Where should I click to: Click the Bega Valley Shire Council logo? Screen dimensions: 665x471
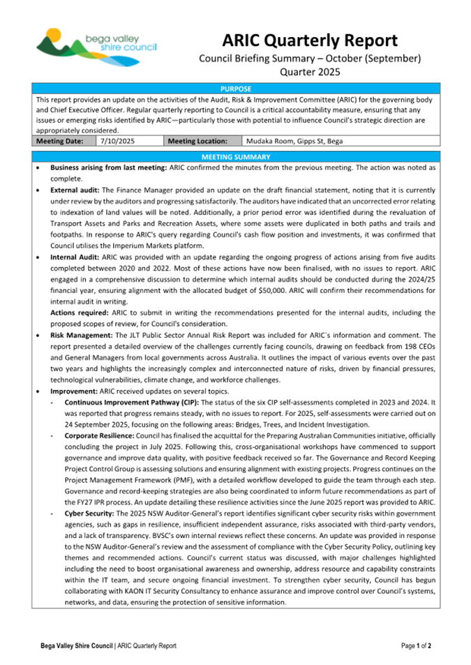coord(96,45)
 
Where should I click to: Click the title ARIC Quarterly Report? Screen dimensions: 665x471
coord(310,40)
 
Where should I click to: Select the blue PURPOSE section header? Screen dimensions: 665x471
coord(235,89)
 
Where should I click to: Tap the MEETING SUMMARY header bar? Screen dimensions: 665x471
coord(235,156)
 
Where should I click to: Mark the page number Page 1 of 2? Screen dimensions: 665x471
coord(416,646)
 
